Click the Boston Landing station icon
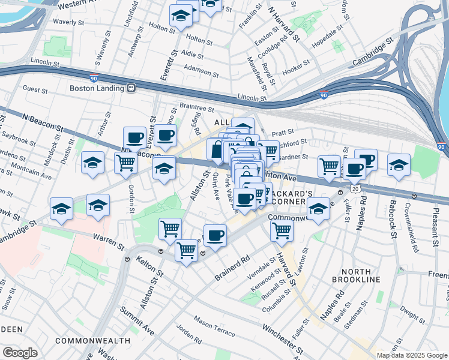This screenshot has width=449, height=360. pos(130,88)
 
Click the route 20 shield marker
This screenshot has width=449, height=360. pos(356,188)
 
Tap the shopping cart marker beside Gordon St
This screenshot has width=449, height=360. pos(125,163)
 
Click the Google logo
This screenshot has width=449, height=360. pos(20,353)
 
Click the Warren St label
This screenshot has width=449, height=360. pos(108,245)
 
